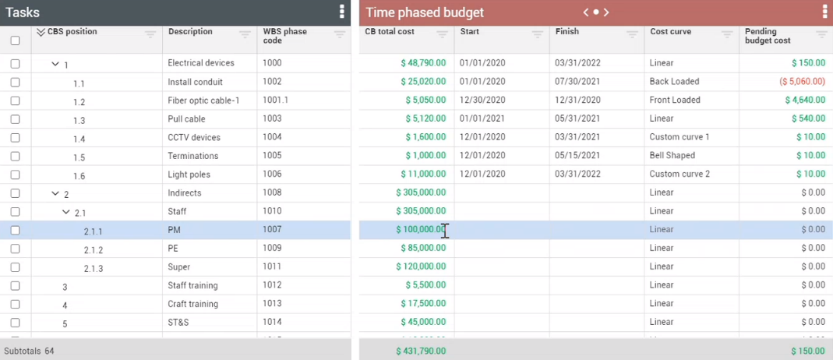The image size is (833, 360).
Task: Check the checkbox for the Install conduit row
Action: [x=16, y=82]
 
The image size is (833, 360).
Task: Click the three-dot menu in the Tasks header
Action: [x=342, y=12]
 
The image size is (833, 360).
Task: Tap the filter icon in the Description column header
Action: [x=245, y=35]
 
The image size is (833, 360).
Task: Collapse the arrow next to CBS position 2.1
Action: [x=67, y=212]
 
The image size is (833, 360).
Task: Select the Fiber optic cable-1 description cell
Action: [x=203, y=100]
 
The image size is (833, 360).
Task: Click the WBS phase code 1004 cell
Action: [x=273, y=137]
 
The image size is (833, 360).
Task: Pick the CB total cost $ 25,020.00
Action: [x=423, y=82]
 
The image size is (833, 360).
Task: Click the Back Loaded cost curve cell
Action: [x=674, y=82]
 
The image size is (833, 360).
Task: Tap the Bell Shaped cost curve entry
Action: [x=672, y=156]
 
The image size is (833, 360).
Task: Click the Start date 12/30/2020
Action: [x=482, y=100]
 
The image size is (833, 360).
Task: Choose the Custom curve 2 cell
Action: [x=679, y=175]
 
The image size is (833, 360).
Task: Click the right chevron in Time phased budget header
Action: [x=606, y=12]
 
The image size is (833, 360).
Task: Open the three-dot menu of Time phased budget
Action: [x=825, y=12]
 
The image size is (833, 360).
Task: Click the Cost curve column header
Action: [x=670, y=32]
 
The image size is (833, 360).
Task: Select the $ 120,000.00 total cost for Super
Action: [x=421, y=266]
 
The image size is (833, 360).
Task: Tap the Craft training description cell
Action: [x=193, y=304]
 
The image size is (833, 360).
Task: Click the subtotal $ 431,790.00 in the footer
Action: [x=421, y=351]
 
